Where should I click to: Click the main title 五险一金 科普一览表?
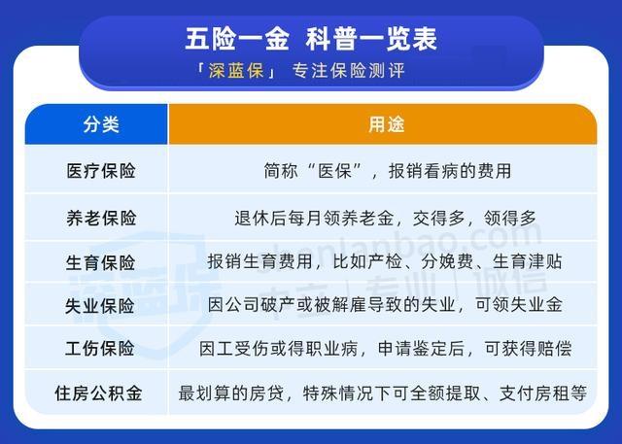coord(311,39)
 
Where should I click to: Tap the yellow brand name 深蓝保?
coord(236,71)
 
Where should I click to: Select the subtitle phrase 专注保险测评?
coord(348,71)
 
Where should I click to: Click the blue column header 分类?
coord(101,124)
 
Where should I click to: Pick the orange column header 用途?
coord(387,124)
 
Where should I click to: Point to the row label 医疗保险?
coord(101,171)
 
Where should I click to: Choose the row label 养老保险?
coord(101,218)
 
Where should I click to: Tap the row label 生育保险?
coord(100,262)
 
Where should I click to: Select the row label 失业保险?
coord(99,306)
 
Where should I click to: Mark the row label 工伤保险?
coord(99,349)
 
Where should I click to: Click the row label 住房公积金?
coord(98,393)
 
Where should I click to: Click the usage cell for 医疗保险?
coord(387,171)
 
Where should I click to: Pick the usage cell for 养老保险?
coord(385,218)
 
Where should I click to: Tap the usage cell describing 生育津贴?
coord(385,261)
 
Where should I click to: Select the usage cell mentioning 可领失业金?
coord(385,305)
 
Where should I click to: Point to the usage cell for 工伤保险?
coord(385,349)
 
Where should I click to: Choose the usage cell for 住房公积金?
coord(382,393)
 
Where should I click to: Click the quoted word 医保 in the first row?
coord(334,171)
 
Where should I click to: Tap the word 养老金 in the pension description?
coord(367,218)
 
